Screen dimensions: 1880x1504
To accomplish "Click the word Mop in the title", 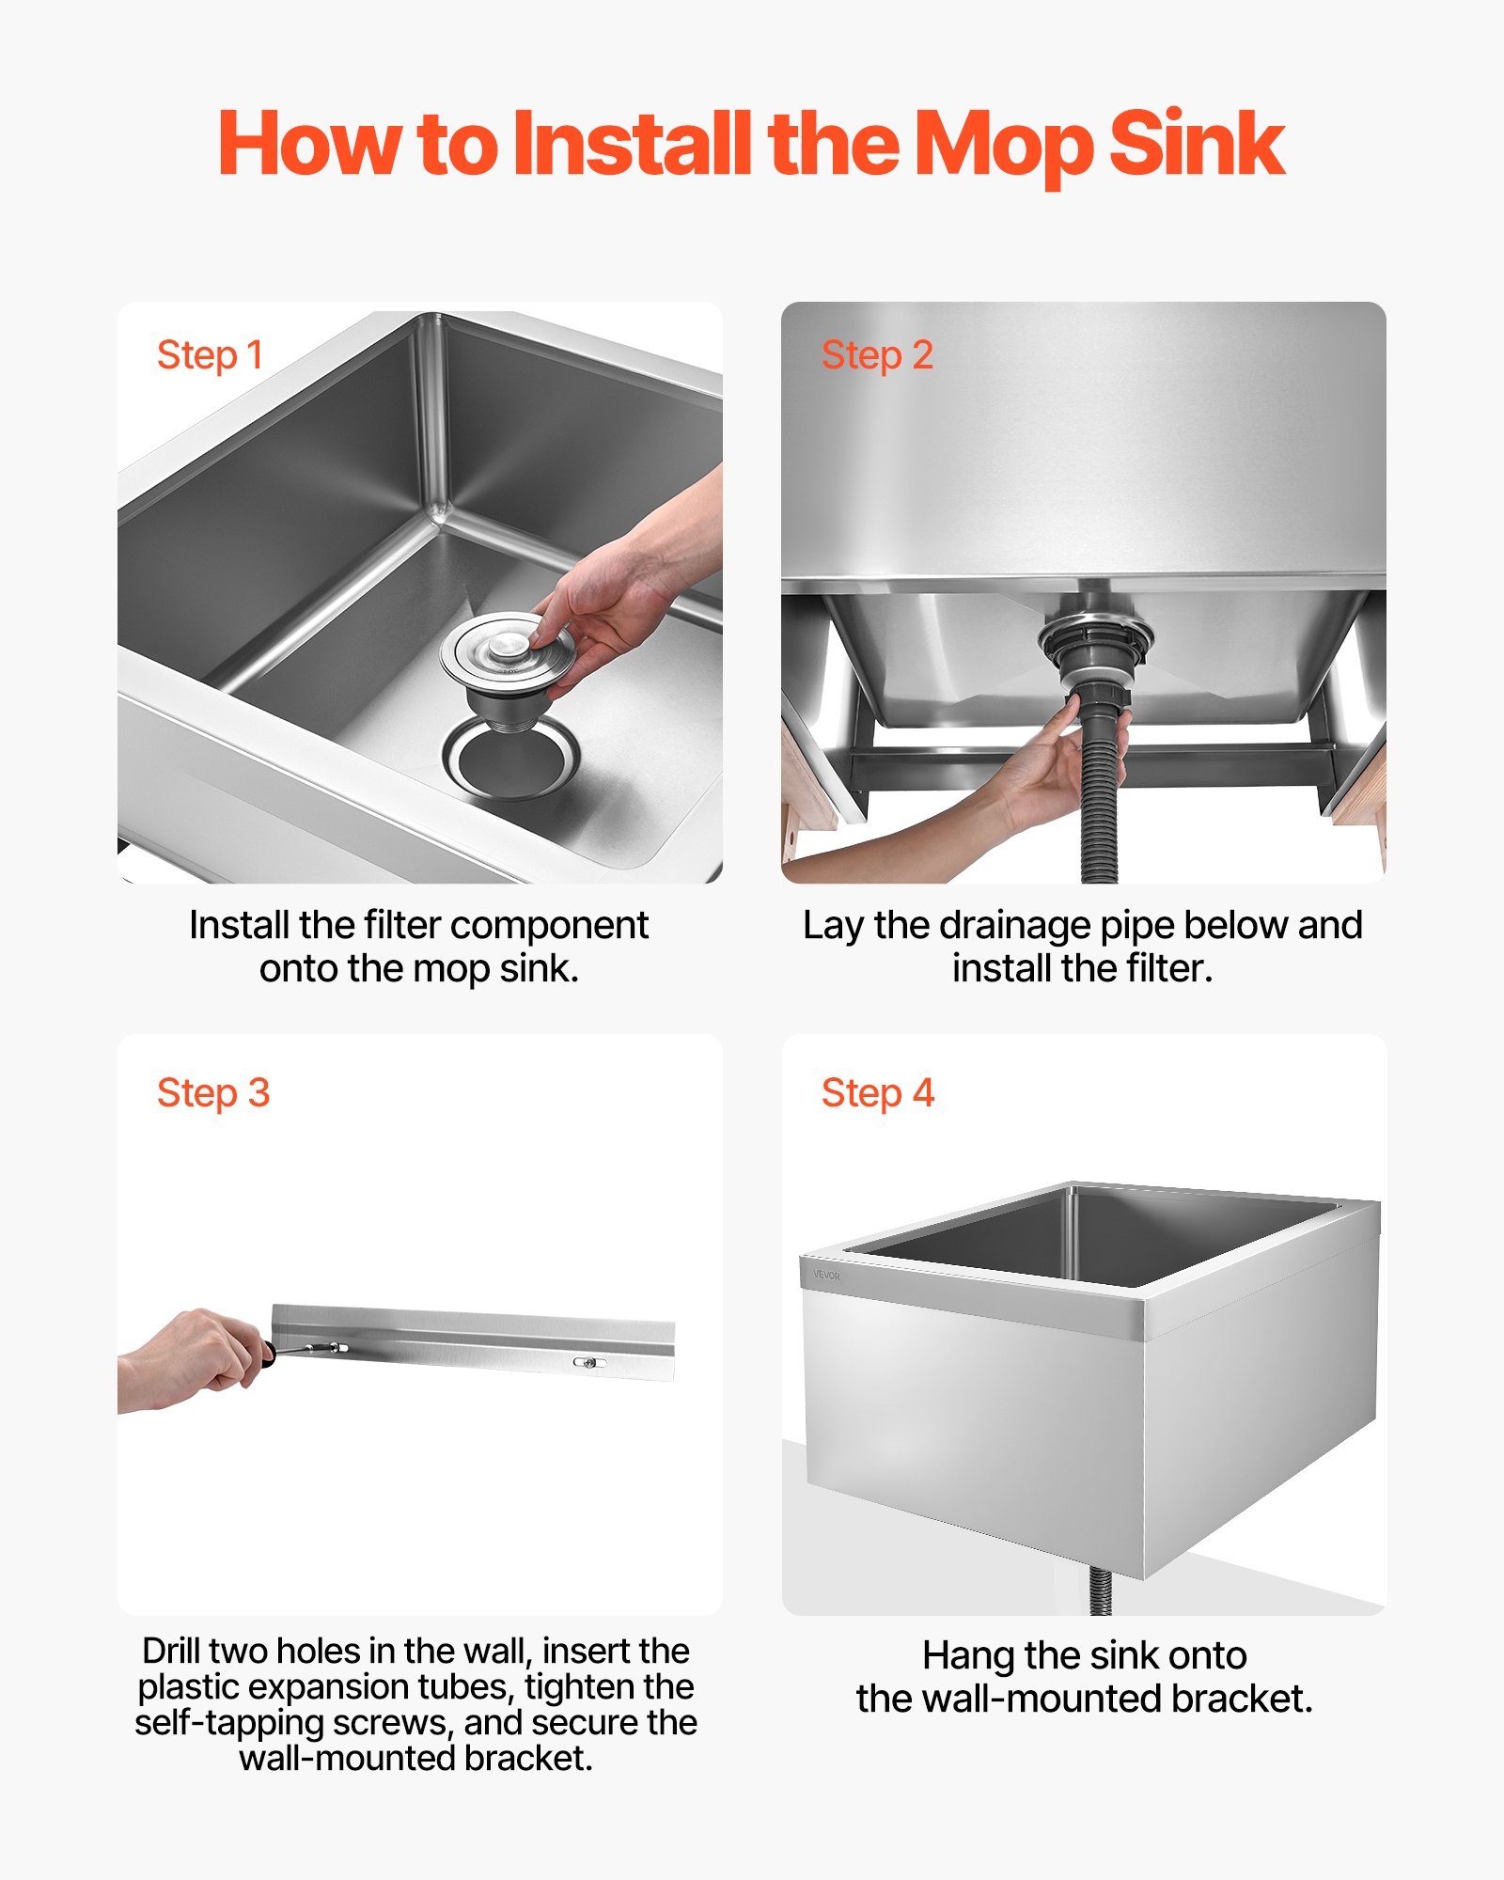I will [1004, 146].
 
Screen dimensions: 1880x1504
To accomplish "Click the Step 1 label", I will [210, 355].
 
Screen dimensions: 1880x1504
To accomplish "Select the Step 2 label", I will [877, 355].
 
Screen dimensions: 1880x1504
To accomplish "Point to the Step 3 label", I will [213, 1093].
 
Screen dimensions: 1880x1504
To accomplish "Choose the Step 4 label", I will [877, 1093].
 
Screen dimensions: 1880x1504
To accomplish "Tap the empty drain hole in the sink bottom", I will [511, 760].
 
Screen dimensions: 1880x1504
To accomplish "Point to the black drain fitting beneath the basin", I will [1095, 649].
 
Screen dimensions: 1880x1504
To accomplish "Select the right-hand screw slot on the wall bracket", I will [589, 1362].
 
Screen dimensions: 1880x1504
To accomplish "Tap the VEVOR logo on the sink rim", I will [826, 1276].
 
